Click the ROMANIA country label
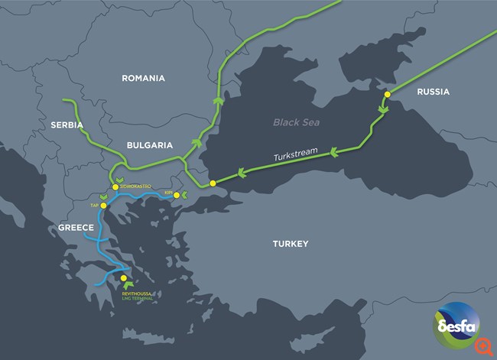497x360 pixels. pyautogui.click(x=143, y=78)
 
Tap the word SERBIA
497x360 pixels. pyautogui.click(x=67, y=125)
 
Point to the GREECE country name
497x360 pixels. pyautogui.click(x=76, y=228)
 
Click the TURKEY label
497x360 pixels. pyautogui.click(x=290, y=244)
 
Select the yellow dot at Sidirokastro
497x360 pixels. pyautogui.click(x=115, y=186)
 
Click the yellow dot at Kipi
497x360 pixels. pyautogui.click(x=177, y=196)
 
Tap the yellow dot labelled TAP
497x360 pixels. pyautogui.click(x=103, y=206)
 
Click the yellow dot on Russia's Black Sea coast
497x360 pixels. pyautogui.click(x=387, y=94)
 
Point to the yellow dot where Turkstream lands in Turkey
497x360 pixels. pyautogui.click(x=213, y=183)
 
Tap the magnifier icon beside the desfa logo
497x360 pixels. pyautogui.click(x=483, y=346)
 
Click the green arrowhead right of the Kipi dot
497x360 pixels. pyautogui.click(x=186, y=196)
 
